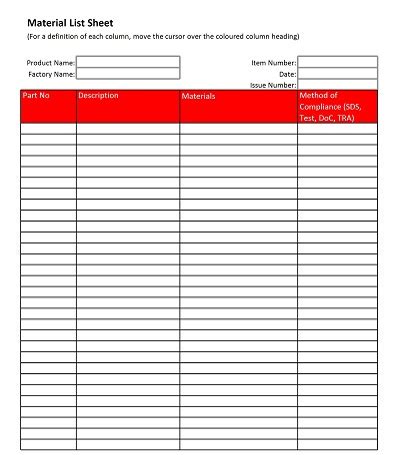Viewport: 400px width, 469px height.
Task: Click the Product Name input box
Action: (128, 62)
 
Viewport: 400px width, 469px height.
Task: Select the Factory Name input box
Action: (128, 74)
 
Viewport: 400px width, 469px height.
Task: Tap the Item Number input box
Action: (338, 62)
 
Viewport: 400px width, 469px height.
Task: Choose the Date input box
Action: (338, 74)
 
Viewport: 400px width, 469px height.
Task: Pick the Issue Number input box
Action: (338, 85)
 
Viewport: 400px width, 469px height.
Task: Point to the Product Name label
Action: (50, 63)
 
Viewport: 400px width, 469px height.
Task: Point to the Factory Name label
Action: (51, 74)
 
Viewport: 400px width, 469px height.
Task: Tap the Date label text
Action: (287, 74)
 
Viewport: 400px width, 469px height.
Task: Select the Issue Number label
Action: (272, 86)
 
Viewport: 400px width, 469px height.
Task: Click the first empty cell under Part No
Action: (48, 128)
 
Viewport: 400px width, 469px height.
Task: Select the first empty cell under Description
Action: (128, 128)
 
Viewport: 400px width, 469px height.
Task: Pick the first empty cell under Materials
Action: (238, 128)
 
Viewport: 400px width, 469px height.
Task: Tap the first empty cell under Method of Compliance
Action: (337, 128)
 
